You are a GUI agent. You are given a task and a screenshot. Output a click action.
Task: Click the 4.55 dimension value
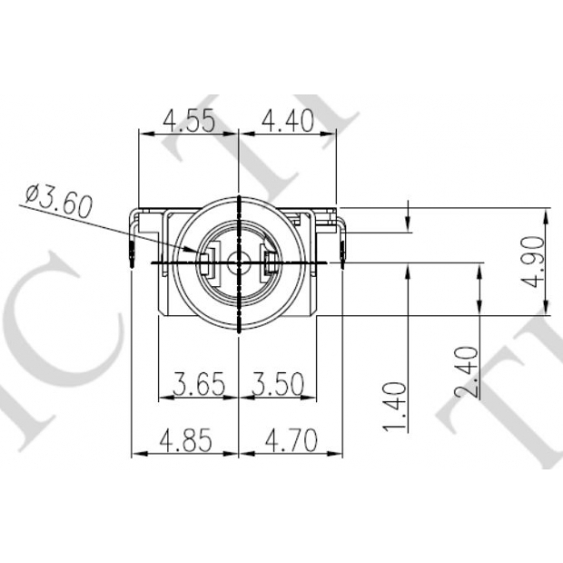189,120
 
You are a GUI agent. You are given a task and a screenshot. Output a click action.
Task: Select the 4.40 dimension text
288,121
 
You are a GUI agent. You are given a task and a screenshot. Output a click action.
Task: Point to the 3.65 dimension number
199,384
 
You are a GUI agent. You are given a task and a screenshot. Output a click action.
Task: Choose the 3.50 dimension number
277,384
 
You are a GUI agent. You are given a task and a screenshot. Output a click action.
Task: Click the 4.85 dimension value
185,440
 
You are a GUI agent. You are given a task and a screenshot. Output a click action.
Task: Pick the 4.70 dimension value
291,440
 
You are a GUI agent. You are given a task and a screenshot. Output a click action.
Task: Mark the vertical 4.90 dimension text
532,262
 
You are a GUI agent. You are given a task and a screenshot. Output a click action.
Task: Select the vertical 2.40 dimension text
467,372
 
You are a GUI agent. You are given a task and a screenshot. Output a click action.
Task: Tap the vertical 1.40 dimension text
395,407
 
